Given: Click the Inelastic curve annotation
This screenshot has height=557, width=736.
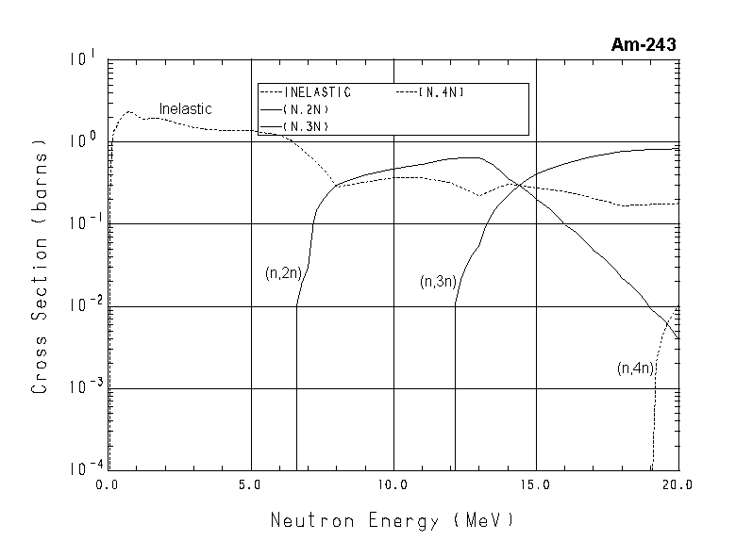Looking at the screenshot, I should [185, 109].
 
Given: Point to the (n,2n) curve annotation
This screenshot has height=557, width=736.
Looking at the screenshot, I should [282, 273].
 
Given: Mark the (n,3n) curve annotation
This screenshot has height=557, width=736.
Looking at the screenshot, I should [438, 282].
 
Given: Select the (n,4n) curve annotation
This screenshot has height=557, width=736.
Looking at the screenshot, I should [635, 369].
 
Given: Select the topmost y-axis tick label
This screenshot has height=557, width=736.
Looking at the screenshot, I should [82, 59].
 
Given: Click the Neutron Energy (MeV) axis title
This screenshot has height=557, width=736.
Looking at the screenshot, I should [393, 520].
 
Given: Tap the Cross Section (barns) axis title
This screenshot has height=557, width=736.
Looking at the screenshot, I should [41, 267].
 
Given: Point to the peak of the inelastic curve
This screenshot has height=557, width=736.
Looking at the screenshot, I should [129, 111].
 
